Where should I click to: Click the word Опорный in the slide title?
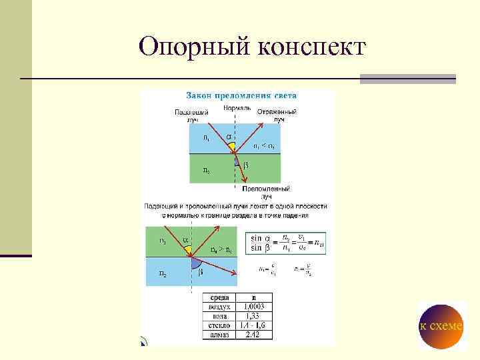click(x=193, y=47)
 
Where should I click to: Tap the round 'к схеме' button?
click(x=441, y=325)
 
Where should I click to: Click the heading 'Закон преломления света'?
click(x=241, y=95)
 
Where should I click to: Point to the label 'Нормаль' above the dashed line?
click(x=237, y=107)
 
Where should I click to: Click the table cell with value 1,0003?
click(x=253, y=307)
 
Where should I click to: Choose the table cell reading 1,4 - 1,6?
click(x=253, y=325)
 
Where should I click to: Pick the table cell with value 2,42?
click(x=253, y=335)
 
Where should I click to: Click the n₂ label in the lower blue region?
click(x=163, y=273)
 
